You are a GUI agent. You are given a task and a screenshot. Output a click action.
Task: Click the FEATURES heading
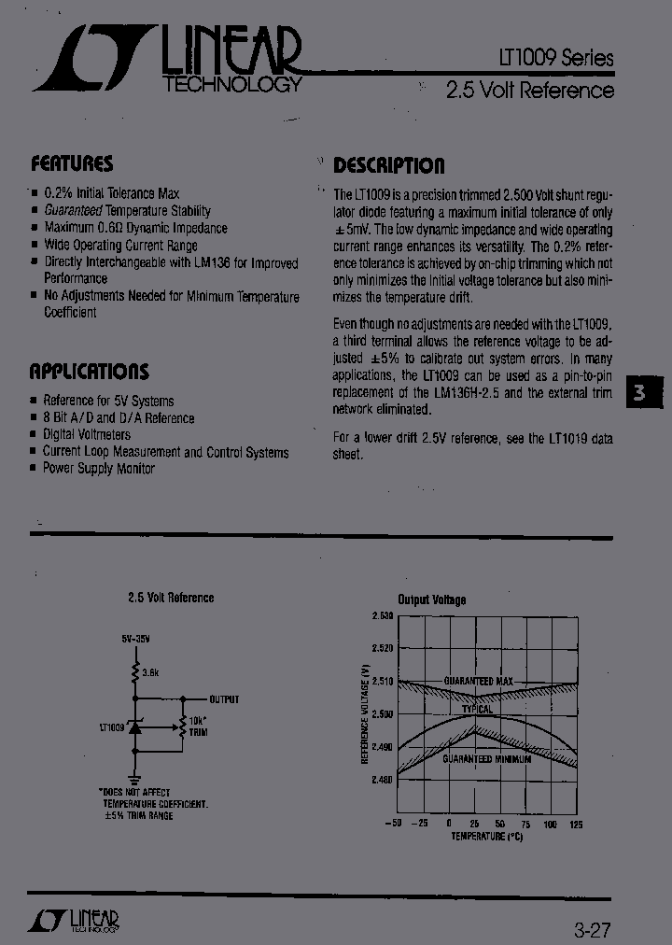point(72,163)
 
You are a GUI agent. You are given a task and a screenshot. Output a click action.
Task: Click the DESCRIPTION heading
point(389,166)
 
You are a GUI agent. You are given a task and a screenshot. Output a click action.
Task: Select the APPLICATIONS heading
point(89,371)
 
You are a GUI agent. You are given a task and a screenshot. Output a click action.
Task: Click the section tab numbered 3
point(640,393)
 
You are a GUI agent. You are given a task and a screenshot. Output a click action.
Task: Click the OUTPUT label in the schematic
point(224,698)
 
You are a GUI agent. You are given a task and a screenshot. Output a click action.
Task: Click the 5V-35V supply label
point(135,639)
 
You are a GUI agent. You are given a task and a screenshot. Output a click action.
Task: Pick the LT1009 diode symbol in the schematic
point(134,726)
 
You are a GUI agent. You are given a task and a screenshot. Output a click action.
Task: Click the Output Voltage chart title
point(431,599)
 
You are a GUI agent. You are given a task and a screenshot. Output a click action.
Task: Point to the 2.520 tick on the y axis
point(382,648)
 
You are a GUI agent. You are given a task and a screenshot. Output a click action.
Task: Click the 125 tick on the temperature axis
point(576,824)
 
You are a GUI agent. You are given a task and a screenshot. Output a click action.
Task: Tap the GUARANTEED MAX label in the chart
point(479,681)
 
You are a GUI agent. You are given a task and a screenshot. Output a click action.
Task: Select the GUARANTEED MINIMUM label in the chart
point(486,759)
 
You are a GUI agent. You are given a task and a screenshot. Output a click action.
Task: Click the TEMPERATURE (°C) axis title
point(486,836)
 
